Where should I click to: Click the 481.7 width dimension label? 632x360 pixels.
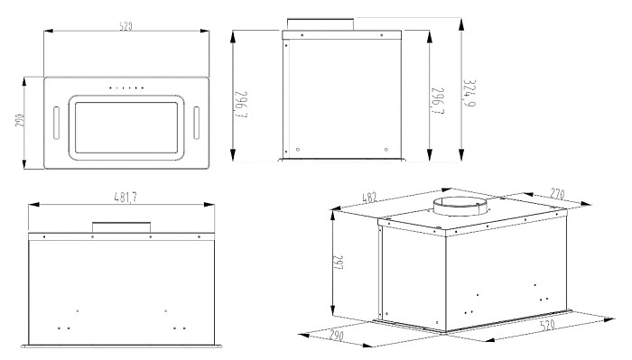tap(125, 197)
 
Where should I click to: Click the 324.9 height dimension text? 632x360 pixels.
tap(469, 93)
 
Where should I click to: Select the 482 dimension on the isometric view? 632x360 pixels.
tap(369, 198)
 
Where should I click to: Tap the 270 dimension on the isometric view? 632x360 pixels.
tap(557, 194)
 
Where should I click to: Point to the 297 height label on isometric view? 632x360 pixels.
tap(338, 263)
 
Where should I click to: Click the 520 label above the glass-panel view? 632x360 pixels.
tap(125, 26)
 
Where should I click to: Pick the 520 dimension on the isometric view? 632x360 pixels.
tap(547, 325)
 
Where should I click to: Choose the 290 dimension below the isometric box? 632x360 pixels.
tap(336, 335)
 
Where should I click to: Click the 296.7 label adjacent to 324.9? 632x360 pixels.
tap(438, 101)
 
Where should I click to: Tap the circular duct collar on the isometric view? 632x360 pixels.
tap(460, 207)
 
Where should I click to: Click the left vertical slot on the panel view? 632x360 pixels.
tap(56, 123)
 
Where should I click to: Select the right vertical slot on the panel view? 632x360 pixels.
tap(196, 123)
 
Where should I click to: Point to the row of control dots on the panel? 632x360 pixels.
tap(126, 88)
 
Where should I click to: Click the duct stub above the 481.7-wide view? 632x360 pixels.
tap(121, 227)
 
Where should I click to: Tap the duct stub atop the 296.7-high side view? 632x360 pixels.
tap(321, 24)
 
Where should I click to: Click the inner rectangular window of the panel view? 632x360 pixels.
tap(126, 127)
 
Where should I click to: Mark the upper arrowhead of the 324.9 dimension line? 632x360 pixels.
tap(461, 24)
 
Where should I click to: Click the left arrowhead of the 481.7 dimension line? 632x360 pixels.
tap(34, 205)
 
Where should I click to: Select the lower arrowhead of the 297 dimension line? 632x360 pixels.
tap(332, 310)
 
